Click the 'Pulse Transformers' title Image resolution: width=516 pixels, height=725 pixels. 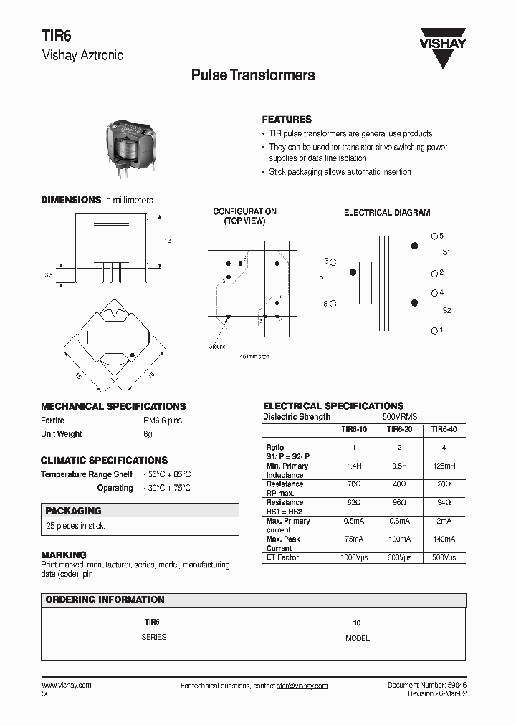[253, 75]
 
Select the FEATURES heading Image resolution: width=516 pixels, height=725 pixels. [287, 120]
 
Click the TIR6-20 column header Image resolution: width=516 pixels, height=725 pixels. [399, 429]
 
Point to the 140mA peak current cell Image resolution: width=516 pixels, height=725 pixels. [444, 539]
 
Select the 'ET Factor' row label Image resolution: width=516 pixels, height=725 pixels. [282, 557]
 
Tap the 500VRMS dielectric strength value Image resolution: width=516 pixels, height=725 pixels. [400, 417]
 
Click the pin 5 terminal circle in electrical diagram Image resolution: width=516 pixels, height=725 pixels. [434, 236]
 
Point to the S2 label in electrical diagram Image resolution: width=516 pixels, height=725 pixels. [446, 310]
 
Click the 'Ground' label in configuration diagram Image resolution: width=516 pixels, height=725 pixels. [216, 347]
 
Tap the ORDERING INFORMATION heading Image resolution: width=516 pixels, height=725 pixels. [105, 600]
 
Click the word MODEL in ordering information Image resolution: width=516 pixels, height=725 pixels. [358, 638]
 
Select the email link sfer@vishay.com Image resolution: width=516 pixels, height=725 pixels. [302, 686]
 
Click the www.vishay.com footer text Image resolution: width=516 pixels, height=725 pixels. [66, 685]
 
